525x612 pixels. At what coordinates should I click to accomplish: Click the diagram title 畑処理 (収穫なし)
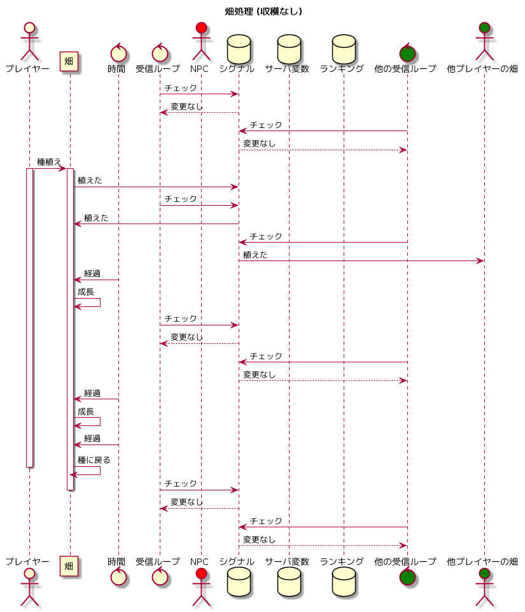click(x=263, y=11)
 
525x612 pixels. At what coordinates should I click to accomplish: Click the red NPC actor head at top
click(x=201, y=28)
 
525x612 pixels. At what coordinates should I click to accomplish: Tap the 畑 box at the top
click(x=69, y=61)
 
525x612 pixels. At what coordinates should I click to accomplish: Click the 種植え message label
click(x=49, y=162)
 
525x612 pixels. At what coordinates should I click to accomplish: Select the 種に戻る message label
click(x=94, y=460)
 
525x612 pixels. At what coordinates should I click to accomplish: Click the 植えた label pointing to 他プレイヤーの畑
click(x=255, y=255)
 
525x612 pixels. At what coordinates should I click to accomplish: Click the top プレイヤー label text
click(x=27, y=69)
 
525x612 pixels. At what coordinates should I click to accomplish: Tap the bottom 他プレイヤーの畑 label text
click(x=482, y=562)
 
